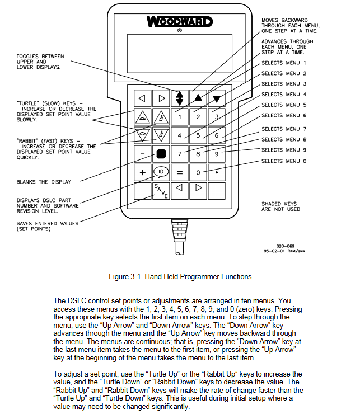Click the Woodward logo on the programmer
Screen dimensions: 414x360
180,22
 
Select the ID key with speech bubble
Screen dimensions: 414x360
161,172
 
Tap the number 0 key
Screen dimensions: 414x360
198,172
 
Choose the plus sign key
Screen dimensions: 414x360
143,172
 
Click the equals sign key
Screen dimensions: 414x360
180,172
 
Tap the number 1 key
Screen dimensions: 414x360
180,117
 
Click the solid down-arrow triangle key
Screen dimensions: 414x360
216,98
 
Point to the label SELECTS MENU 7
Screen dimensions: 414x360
284,129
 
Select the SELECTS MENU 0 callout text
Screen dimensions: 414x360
284,161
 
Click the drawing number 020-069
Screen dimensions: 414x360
286,245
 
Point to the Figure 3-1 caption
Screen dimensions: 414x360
180,276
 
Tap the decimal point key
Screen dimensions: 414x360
216,172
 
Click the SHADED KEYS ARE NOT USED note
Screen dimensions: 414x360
280,206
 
